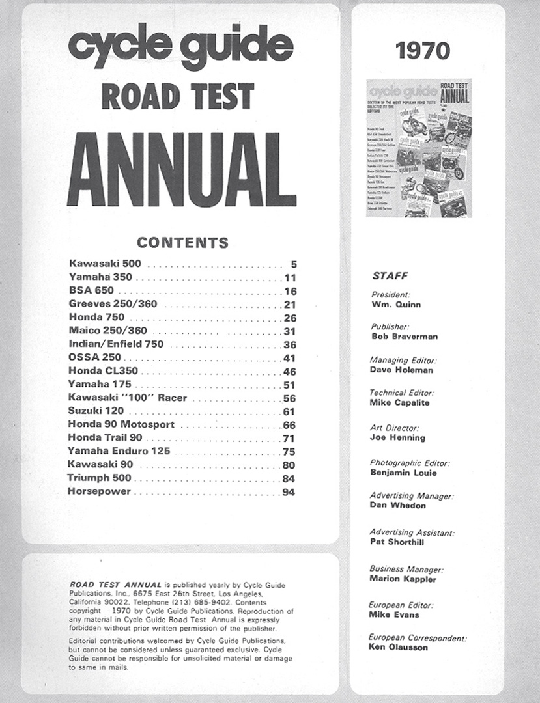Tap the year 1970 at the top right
point(423,50)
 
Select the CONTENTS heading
point(182,243)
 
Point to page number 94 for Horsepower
point(289,492)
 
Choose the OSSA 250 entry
point(95,358)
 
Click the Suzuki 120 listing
point(96,411)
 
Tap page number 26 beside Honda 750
point(289,318)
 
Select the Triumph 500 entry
point(99,478)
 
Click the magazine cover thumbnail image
point(419,148)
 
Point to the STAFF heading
point(390,276)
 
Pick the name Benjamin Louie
point(403,473)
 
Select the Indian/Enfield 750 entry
point(116,344)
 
